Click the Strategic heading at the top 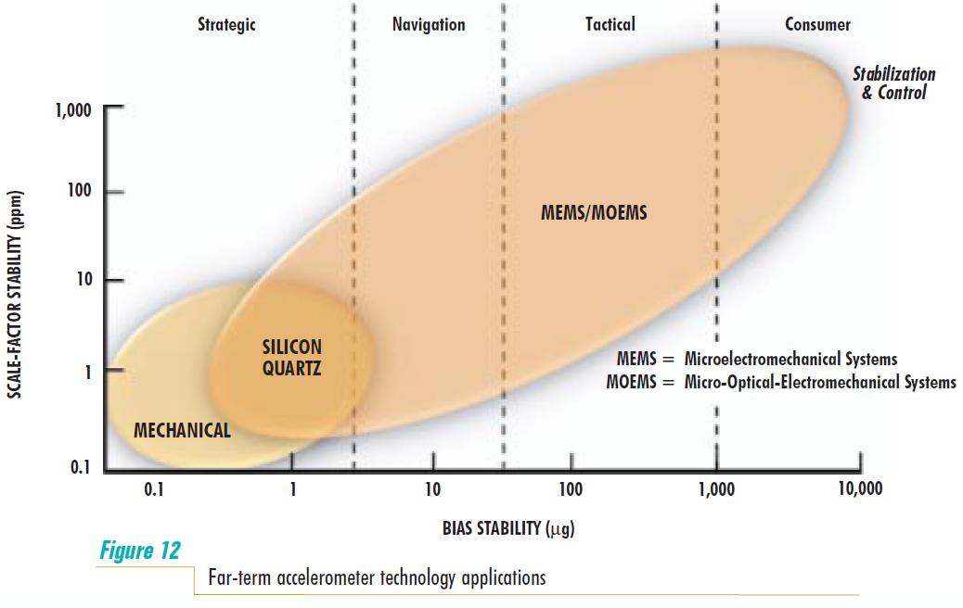pyautogui.click(x=226, y=25)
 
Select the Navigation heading pyautogui.click(x=428, y=25)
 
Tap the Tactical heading pyautogui.click(x=610, y=25)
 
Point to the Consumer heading pyautogui.click(x=817, y=25)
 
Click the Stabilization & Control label pyautogui.click(x=893, y=83)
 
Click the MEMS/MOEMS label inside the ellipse pyautogui.click(x=594, y=213)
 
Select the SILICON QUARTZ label pyautogui.click(x=291, y=357)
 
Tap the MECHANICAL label pyautogui.click(x=182, y=430)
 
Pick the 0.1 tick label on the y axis pyautogui.click(x=79, y=466)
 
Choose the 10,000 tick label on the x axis pyautogui.click(x=859, y=489)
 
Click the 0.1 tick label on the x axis pyautogui.click(x=154, y=489)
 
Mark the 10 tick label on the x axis pyautogui.click(x=432, y=489)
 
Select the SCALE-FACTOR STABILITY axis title pyautogui.click(x=16, y=296)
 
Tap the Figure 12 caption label pyautogui.click(x=139, y=551)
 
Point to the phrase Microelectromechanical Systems pyautogui.click(x=790, y=359)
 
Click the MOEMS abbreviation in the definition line pyautogui.click(x=635, y=382)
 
